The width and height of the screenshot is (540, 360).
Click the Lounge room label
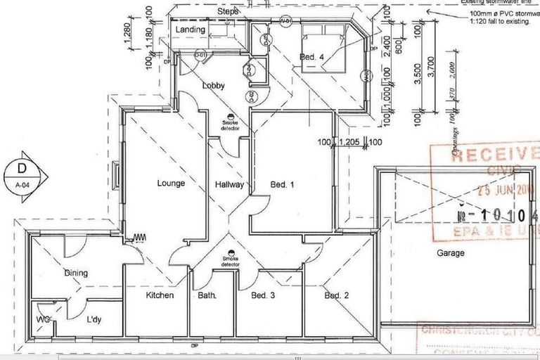171,184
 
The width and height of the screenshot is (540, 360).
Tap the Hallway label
229,186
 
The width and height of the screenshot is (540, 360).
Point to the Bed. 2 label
336,296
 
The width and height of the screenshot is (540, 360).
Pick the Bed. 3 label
263,296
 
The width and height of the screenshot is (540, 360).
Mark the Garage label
450,253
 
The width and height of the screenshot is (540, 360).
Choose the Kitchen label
160,296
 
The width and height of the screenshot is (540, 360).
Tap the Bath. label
207,296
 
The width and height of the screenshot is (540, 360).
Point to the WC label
43,319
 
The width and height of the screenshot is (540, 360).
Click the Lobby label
214,86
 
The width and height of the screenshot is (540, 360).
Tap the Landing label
191,30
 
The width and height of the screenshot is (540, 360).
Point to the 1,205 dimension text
349,143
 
